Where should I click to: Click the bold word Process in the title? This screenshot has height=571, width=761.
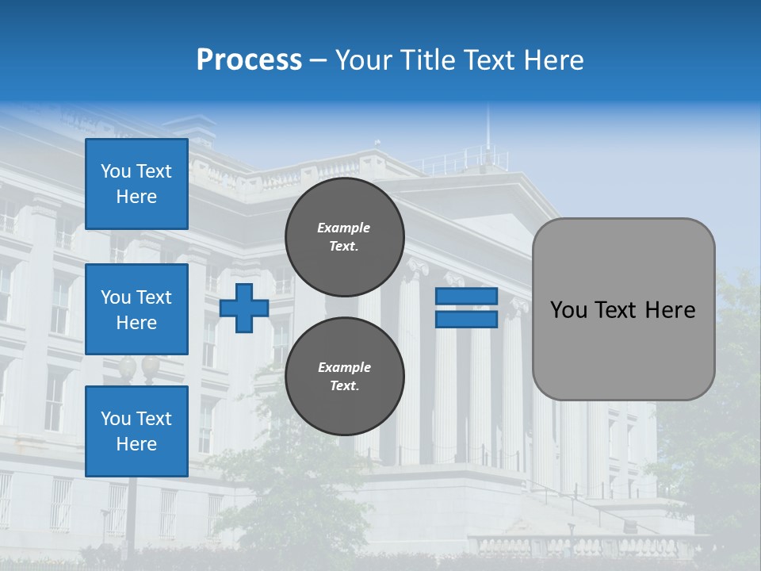tap(249, 60)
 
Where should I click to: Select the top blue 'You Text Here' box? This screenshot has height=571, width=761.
tap(136, 184)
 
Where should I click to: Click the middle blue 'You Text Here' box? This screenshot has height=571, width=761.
tap(136, 309)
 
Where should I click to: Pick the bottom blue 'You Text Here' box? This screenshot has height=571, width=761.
tap(136, 431)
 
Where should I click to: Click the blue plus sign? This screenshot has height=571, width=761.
tap(244, 308)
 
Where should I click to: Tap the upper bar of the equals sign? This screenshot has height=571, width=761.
tap(467, 296)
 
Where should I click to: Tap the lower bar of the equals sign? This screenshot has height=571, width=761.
tap(467, 319)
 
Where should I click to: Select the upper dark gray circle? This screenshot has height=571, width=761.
tap(345, 236)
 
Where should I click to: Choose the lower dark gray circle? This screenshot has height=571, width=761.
tap(345, 376)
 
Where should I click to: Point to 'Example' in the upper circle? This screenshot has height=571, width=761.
tap(344, 228)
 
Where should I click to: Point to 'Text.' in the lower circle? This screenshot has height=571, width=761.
tap(344, 386)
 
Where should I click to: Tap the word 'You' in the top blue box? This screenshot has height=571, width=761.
tap(116, 171)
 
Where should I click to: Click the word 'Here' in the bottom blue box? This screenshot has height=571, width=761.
tap(136, 444)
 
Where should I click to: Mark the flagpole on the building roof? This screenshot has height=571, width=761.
tap(488, 127)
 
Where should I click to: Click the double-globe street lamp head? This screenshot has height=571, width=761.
tap(139, 366)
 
